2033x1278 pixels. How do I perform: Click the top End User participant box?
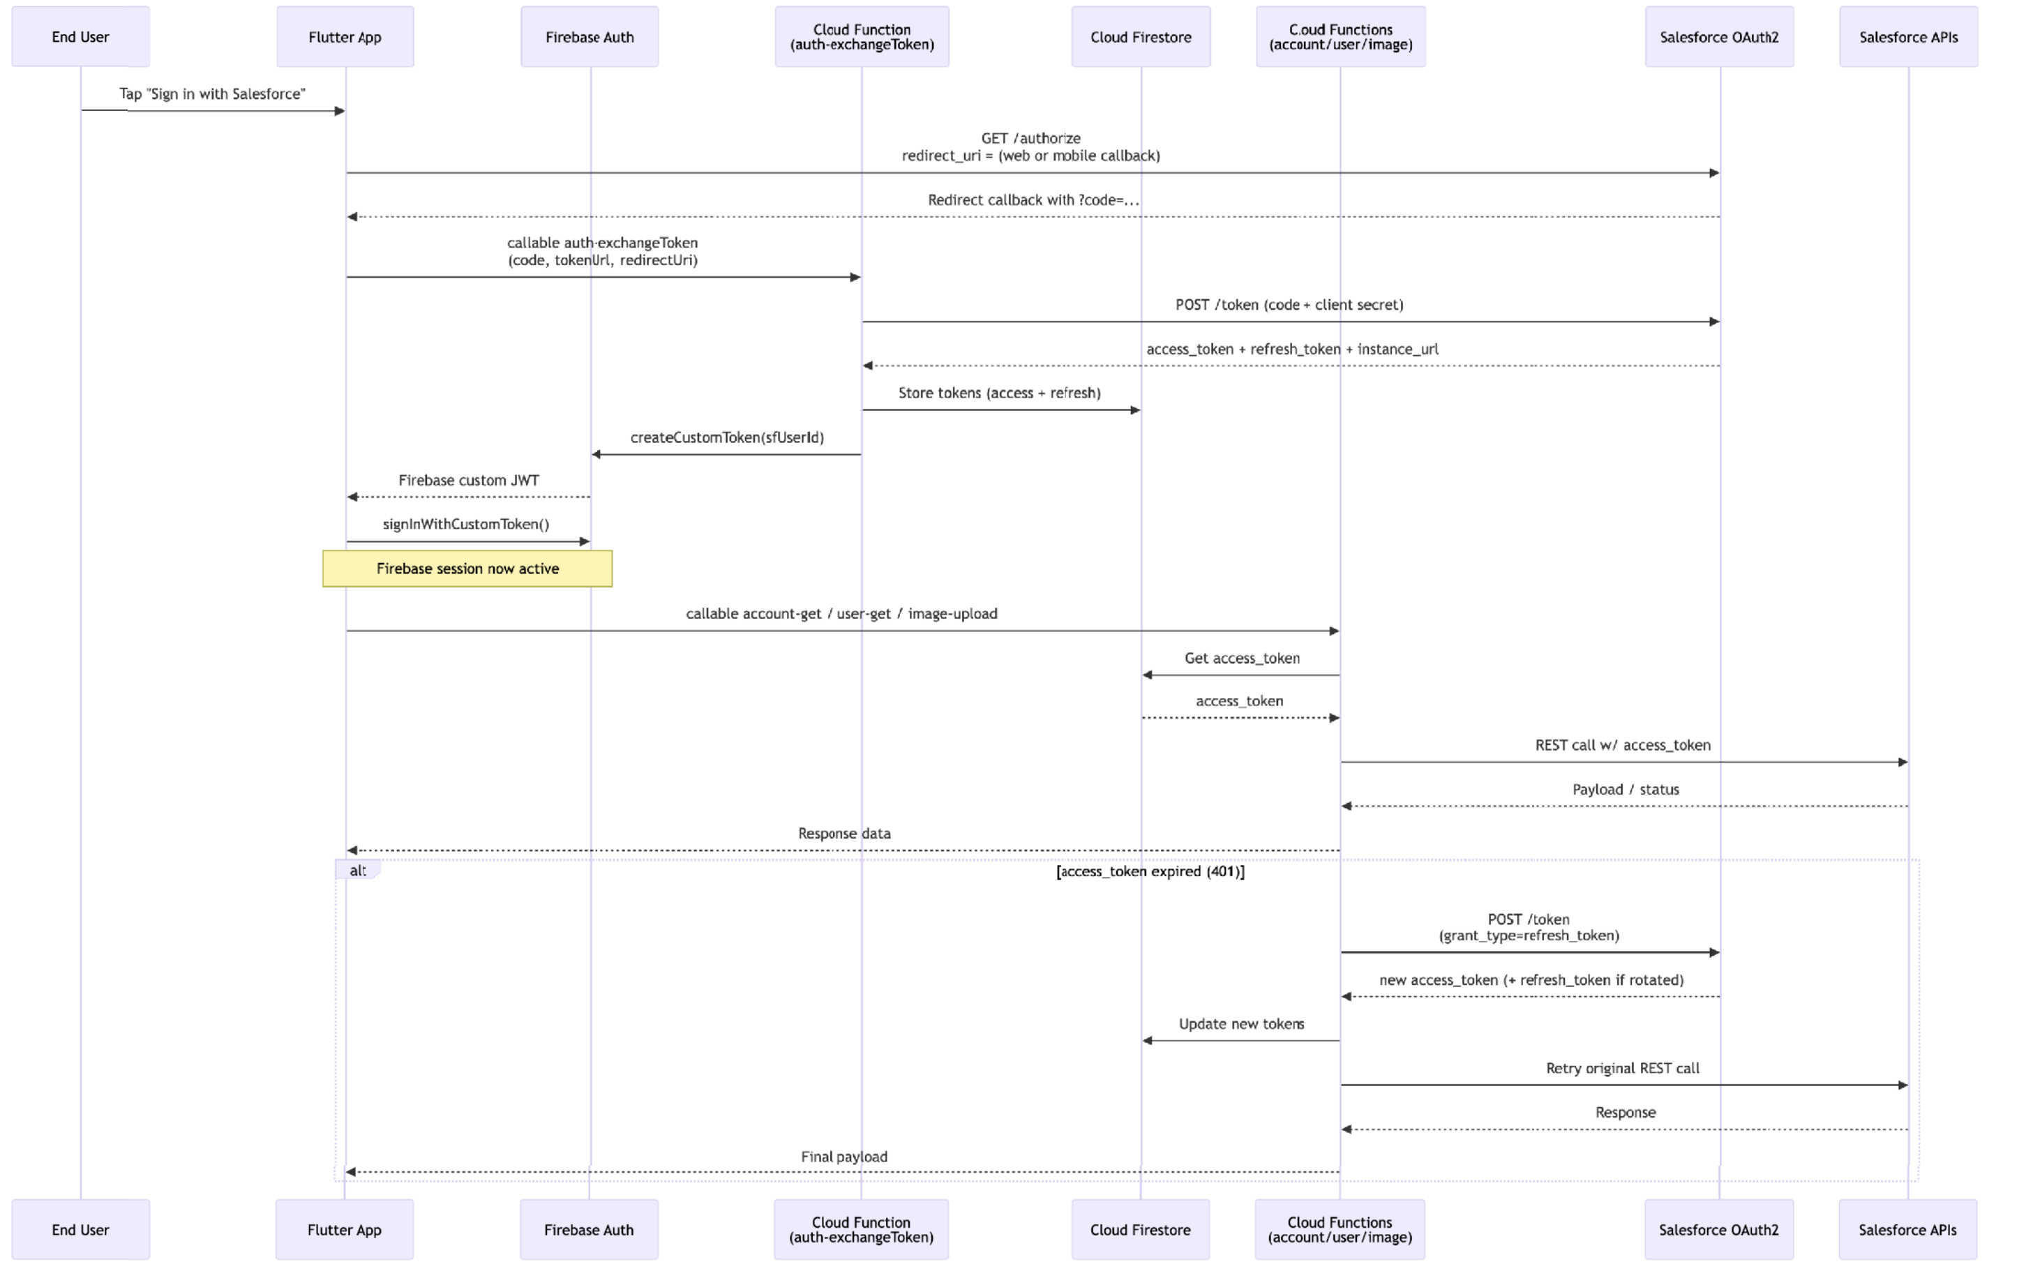click(80, 36)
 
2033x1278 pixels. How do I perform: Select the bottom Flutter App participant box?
click(345, 1229)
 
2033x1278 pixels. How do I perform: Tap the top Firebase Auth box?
click(590, 36)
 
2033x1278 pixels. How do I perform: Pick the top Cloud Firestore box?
click(1141, 36)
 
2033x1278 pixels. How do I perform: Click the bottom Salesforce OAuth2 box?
click(1719, 1229)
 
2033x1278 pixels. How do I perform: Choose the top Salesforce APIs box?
click(1908, 36)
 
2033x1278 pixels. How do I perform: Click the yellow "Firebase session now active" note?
click(467, 568)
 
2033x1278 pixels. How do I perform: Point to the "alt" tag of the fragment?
click(358, 871)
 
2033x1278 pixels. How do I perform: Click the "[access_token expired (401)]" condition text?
click(1150, 871)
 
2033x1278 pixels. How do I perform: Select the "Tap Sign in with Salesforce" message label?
click(212, 93)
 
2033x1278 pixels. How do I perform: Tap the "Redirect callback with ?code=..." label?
click(1033, 200)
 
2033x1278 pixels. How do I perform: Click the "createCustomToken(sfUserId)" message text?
click(727, 437)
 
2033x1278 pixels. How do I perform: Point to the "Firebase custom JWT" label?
click(469, 481)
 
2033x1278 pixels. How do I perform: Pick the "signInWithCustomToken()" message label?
click(466, 524)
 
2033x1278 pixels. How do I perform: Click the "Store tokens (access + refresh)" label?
click(1000, 393)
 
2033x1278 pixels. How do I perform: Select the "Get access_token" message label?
click(1242, 659)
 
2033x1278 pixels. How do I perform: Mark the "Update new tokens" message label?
click(1241, 1024)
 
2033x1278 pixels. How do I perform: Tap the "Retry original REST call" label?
click(1623, 1068)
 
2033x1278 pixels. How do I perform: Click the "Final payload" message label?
click(844, 1157)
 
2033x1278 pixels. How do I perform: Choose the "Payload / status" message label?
click(1626, 789)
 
